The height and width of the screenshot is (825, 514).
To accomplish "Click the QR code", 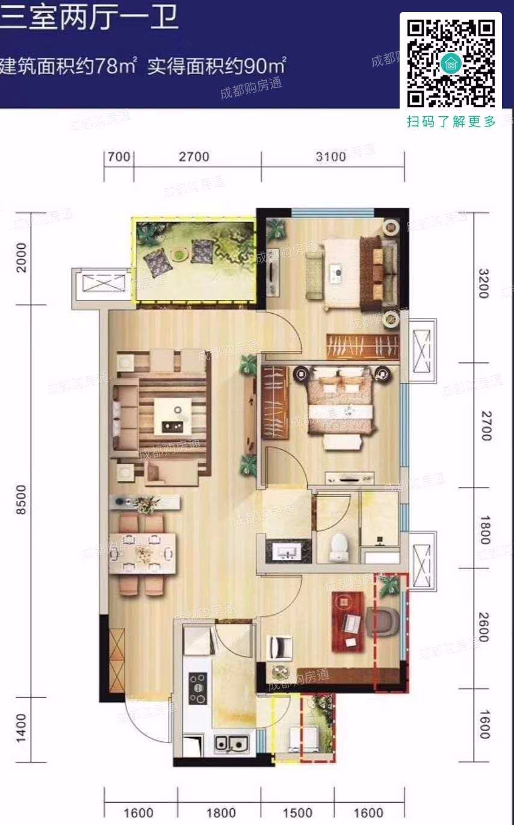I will [451, 63].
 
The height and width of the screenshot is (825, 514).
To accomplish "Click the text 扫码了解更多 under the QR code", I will [451, 122].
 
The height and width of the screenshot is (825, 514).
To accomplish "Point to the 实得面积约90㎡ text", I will [217, 65].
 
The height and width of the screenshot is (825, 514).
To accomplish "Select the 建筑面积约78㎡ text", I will [70, 65].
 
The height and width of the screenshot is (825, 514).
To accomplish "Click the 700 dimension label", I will [119, 157].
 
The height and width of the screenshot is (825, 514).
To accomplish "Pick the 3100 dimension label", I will [331, 157].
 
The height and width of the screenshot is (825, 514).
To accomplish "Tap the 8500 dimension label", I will [22, 499].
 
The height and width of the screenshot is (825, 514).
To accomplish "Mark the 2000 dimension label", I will [22, 257].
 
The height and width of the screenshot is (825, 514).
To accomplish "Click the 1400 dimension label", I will [22, 728].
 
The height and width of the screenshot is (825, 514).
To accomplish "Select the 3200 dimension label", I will [485, 284].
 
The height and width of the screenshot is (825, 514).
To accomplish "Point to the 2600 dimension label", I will [485, 627].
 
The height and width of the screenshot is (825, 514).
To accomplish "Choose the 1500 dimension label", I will [297, 813].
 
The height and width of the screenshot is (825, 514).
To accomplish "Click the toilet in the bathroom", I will [340, 546].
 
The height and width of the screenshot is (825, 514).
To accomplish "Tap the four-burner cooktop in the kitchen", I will [197, 687].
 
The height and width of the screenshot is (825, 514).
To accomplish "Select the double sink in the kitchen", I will [231, 744].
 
